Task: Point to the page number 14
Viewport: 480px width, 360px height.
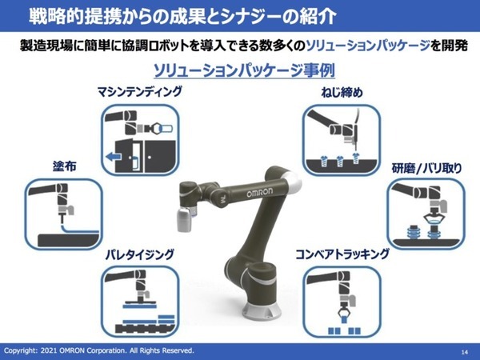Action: coord(465,351)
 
